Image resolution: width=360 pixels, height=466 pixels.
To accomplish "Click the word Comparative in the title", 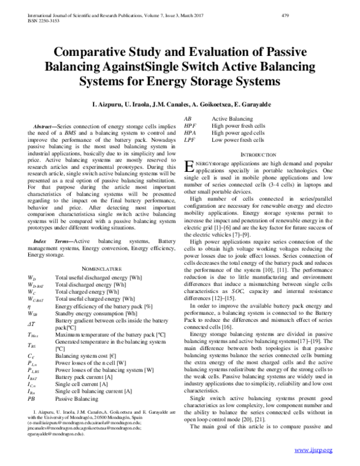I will pyautogui.click(x=89, y=50).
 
